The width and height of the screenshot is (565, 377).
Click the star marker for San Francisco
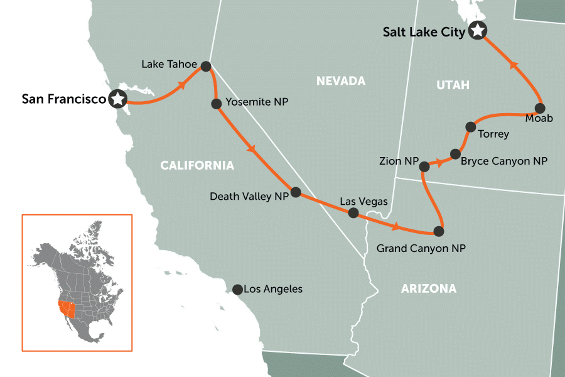[x=117, y=99]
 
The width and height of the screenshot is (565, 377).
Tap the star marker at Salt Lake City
[x=478, y=30]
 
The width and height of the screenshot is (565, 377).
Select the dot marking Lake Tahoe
[x=205, y=65]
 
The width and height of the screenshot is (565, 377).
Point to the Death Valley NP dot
[x=296, y=192]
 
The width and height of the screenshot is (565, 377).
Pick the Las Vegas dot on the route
[x=353, y=213]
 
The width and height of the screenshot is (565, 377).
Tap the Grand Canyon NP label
[x=421, y=249]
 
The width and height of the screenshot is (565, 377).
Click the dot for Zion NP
[x=424, y=167]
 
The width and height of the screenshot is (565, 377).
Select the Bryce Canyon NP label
[x=503, y=161]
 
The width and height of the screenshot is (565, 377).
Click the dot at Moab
[x=539, y=107]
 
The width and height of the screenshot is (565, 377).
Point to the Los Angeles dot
[x=237, y=290]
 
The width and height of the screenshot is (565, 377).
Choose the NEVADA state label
[x=340, y=81]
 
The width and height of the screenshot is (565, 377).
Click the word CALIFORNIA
[x=197, y=166]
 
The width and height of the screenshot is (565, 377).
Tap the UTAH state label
[x=453, y=85]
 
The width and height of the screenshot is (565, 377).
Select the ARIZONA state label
[x=428, y=289]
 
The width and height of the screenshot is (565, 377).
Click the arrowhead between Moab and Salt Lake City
[x=514, y=65]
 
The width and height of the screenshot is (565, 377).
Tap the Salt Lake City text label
[x=424, y=31]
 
